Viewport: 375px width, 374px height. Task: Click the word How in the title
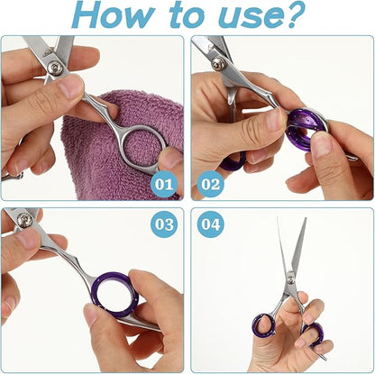click(x=113, y=15)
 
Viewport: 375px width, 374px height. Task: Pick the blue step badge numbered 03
click(x=163, y=223)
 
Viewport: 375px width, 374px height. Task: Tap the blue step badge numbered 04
click(x=211, y=223)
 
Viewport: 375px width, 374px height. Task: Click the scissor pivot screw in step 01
click(x=56, y=66)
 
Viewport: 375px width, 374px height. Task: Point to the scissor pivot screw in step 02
click(x=217, y=63)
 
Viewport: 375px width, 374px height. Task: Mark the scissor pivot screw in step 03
click(x=24, y=221)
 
